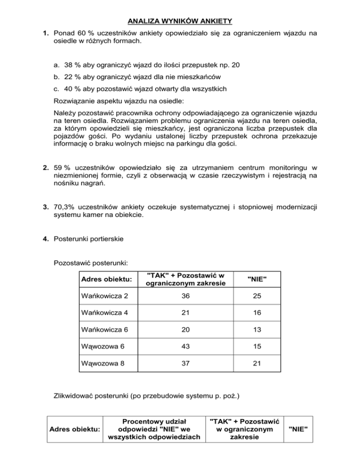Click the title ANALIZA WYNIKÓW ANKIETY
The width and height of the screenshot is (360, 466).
pyautogui.click(x=180, y=21)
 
